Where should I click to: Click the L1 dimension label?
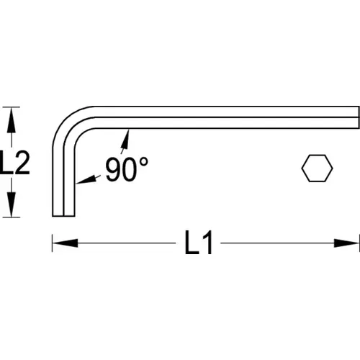pos(199,243)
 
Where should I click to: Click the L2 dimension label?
pos(15,163)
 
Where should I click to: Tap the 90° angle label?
pos(127,169)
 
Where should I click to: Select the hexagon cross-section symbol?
pos(317,168)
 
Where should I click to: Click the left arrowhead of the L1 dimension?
pos(65,243)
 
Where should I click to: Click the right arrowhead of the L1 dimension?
pos(347,243)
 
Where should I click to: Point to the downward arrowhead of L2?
pos(11,204)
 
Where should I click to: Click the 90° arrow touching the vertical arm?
pos(88,179)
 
